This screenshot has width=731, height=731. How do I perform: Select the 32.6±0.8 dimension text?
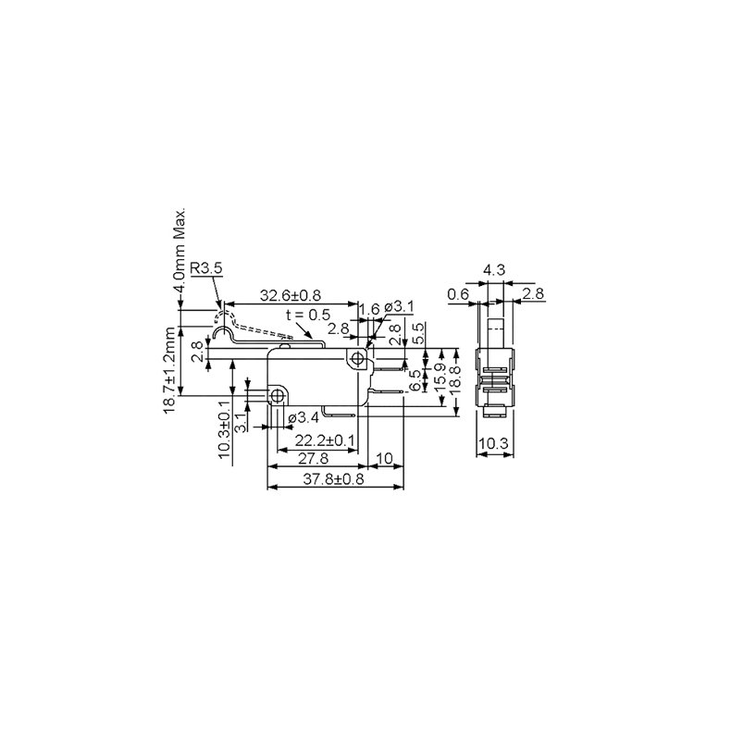click(x=290, y=295)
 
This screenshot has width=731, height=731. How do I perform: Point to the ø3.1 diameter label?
click(x=398, y=306)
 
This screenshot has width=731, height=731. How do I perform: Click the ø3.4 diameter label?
click(x=304, y=417)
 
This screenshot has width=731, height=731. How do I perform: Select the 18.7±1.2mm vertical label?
click(x=170, y=369)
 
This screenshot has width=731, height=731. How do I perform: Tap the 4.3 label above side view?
click(x=493, y=271)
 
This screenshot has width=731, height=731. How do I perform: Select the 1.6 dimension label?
click(x=368, y=309)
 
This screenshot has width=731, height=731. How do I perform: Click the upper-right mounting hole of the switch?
click(x=357, y=356)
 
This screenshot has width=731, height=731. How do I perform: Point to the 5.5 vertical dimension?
click(x=418, y=333)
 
